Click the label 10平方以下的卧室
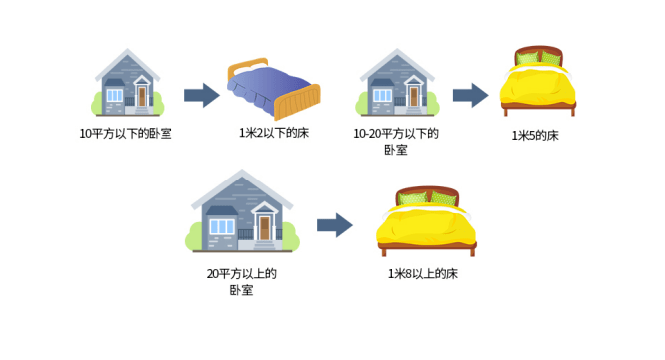tap(126, 133)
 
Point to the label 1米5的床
tap(535, 135)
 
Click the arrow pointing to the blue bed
tap(201, 95)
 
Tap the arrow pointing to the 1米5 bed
tap(470, 95)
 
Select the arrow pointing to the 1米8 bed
tap(334, 225)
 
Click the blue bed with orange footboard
tap(273, 88)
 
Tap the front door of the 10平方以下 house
tap(142, 96)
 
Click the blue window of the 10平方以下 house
tap(114, 95)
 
